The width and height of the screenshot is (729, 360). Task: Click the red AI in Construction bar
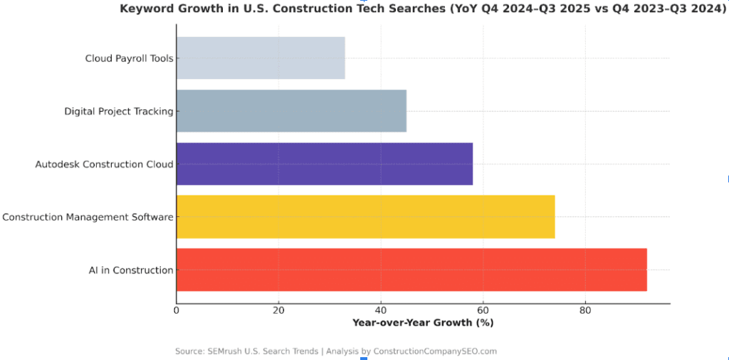(411, 270)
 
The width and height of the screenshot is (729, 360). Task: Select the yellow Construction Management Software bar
(365, 217)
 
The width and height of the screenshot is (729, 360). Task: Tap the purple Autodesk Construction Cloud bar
(324, 164)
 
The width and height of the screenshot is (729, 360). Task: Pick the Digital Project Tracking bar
(291, 111)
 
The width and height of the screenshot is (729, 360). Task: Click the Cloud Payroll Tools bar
(261, 58)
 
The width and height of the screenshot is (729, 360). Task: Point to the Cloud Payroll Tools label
(129, 58)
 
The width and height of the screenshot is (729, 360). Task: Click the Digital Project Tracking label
(119, 111)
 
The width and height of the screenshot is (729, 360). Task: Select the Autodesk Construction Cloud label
(104, 164)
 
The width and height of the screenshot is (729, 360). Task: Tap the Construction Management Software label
(88, 217)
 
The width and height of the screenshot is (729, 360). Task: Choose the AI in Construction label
(131, 270)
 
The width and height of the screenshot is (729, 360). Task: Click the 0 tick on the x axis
(177, 310)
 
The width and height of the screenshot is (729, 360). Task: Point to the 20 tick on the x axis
(278, 310)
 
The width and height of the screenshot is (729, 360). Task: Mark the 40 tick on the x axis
(381, 310)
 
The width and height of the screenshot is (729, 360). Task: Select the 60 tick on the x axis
(483, 310)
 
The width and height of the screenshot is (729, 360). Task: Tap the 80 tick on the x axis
(585, 310)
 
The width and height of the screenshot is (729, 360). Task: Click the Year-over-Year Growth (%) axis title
(423, 322)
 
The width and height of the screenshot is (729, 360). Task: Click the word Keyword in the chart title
(145, 9)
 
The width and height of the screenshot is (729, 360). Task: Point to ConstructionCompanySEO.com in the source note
(435, 351)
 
